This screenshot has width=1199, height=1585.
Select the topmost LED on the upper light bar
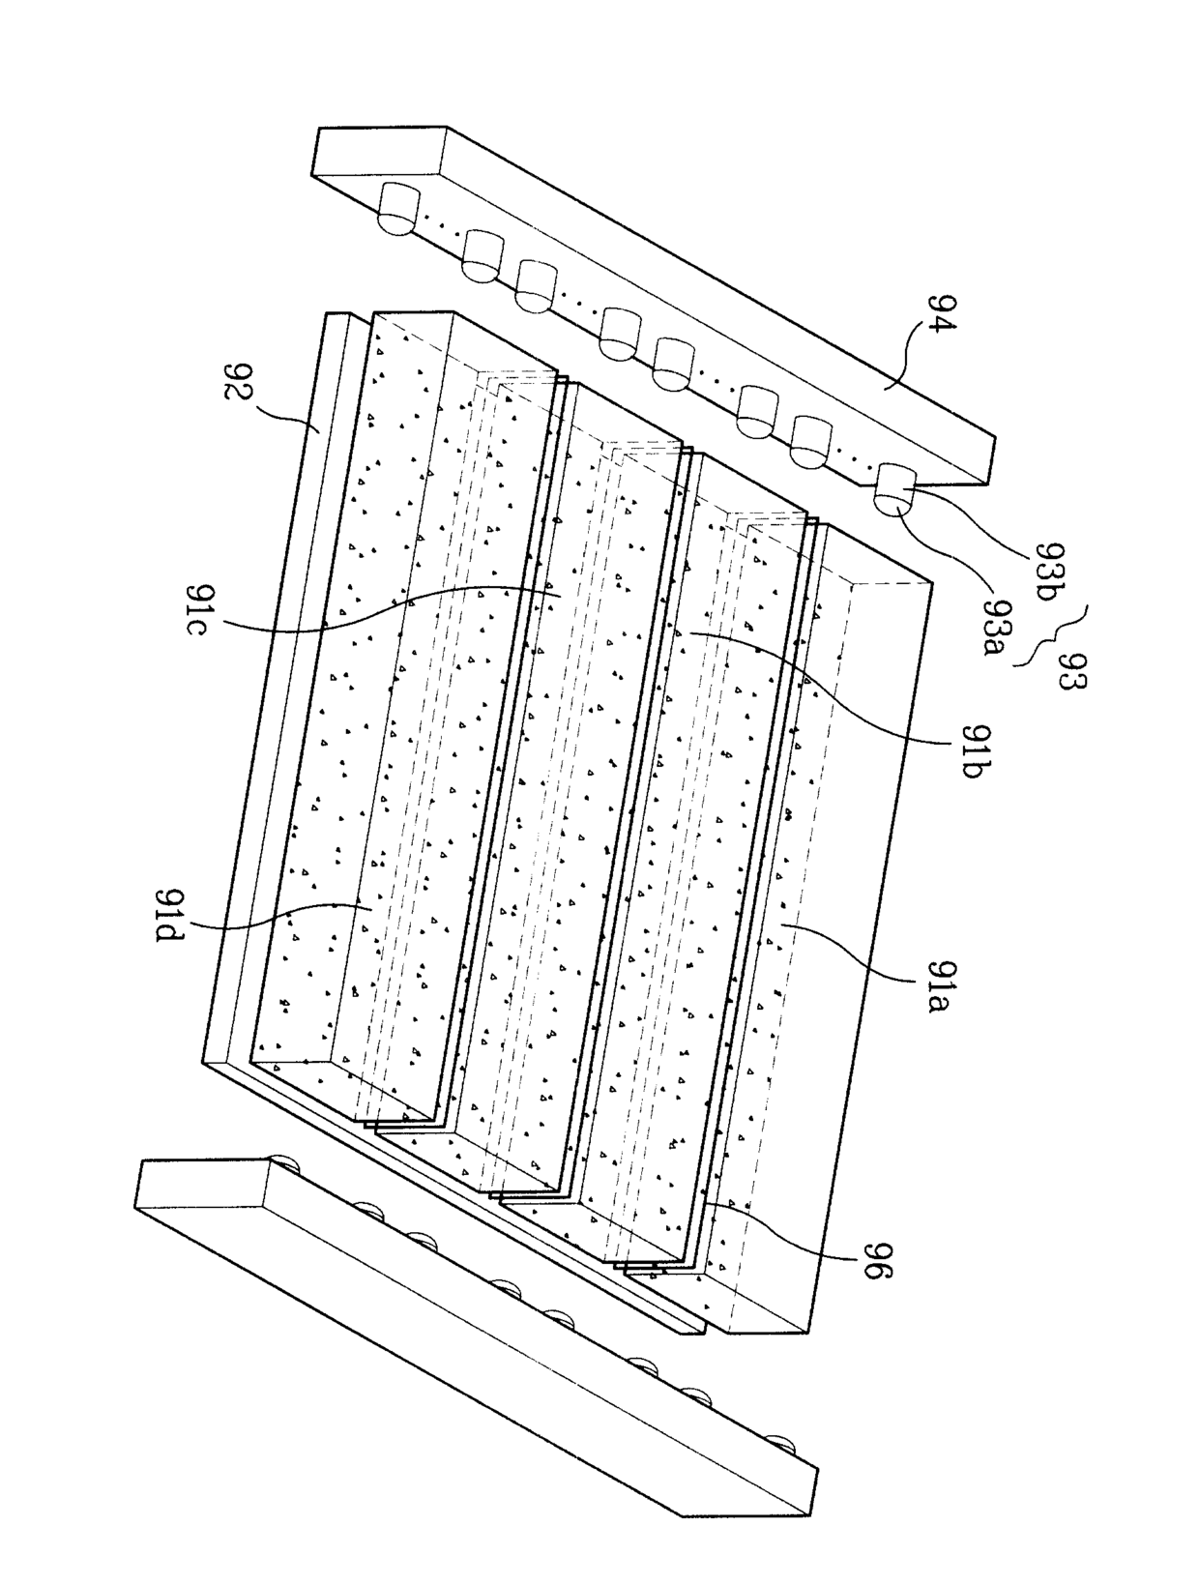(x=397, y=208)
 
